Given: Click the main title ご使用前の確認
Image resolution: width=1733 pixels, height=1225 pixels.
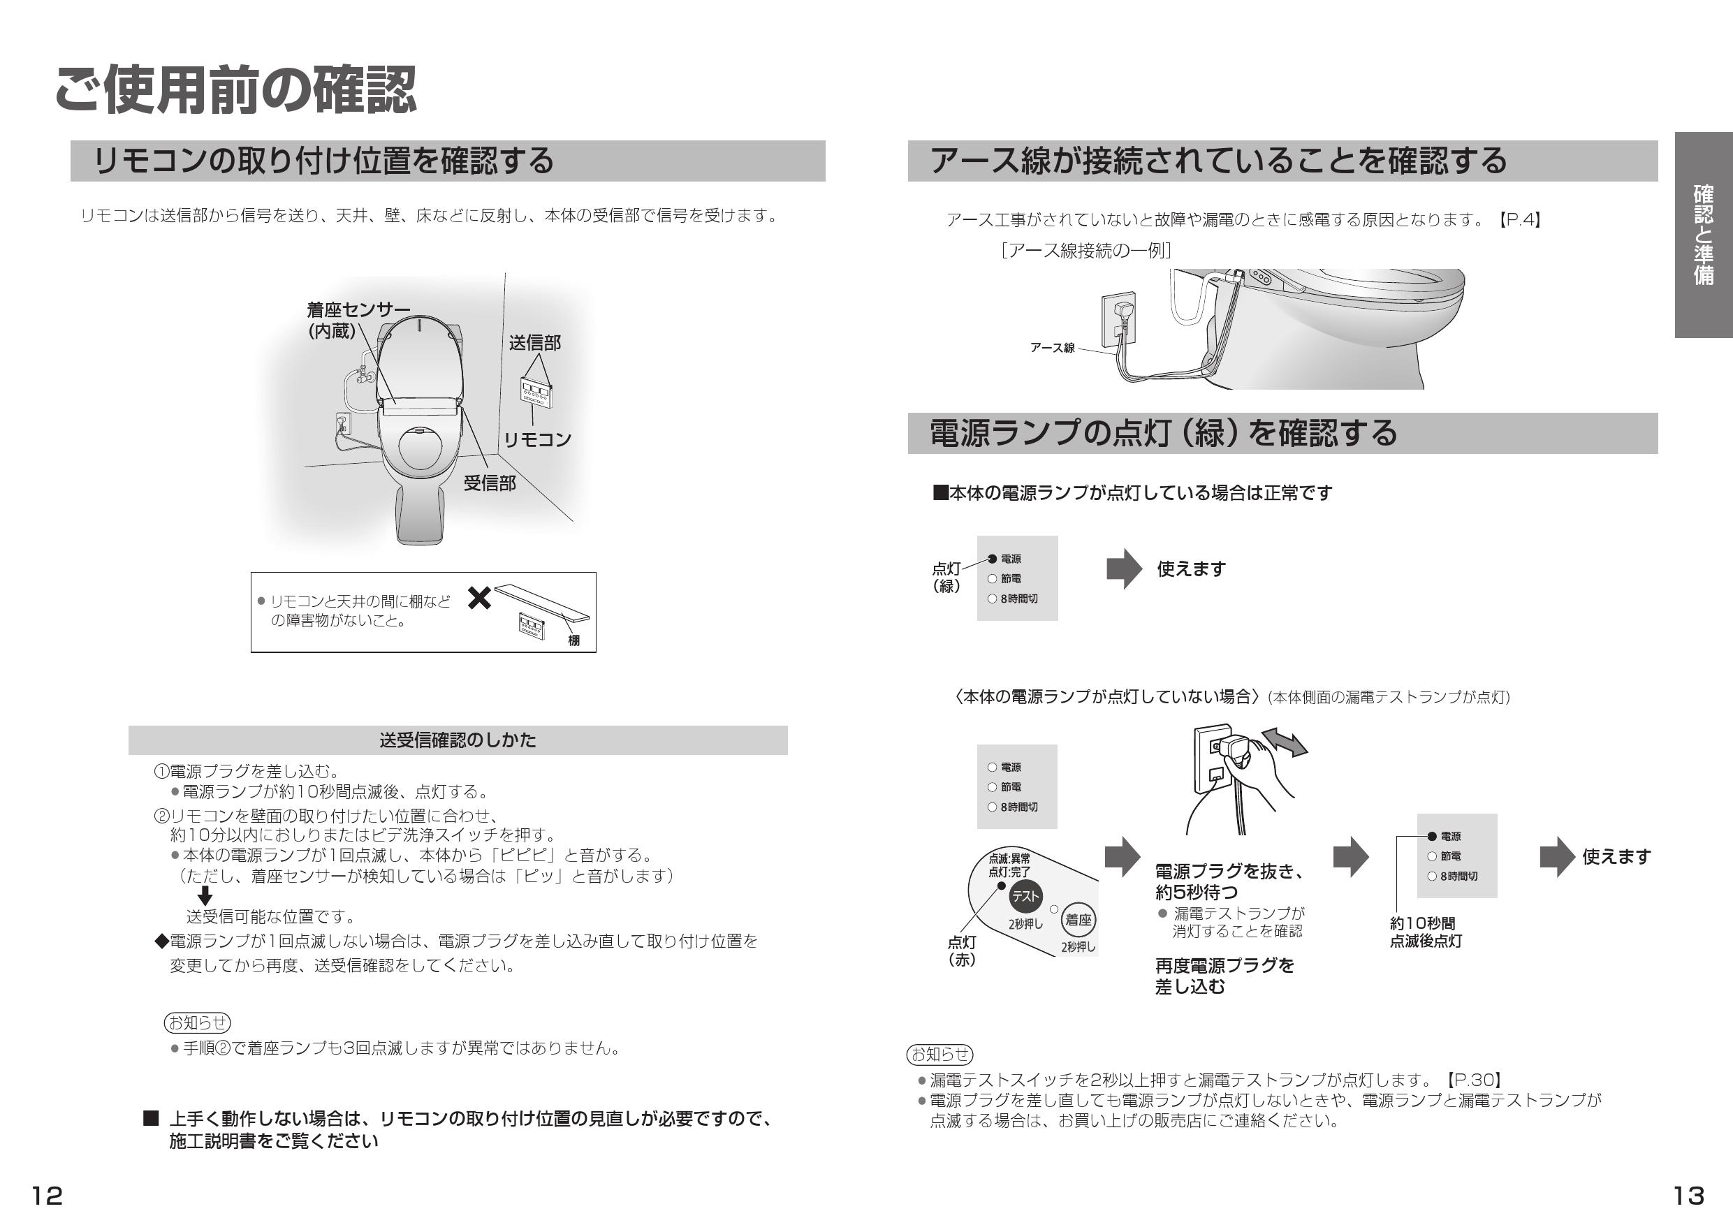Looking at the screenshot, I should click(235, 91).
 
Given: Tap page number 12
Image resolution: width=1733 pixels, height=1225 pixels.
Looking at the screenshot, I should click(47, 1196).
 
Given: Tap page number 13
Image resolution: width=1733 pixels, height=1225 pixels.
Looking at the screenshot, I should click(1688, 1196).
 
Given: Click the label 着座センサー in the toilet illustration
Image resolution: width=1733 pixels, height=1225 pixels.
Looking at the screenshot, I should click(358, 310).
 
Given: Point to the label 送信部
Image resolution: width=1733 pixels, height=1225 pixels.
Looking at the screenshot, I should click(534, 344).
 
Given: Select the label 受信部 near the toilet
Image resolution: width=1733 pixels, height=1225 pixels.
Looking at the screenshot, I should click(489, 484).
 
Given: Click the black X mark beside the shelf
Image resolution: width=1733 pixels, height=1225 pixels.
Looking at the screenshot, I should click(479, 599).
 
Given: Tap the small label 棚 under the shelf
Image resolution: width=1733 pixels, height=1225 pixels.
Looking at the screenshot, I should click(573, 641).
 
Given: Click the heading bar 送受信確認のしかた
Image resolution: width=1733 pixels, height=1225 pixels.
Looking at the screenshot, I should click(458, 740).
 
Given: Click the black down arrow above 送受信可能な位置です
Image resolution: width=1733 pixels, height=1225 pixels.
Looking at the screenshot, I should click(205, 897).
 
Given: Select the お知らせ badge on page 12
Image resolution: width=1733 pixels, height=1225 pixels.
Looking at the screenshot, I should click(197, 1022).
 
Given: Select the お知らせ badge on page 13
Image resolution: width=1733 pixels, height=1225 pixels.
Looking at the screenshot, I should click(939, 1054).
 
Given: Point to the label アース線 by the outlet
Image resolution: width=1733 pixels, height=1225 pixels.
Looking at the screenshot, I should click(1052, 348).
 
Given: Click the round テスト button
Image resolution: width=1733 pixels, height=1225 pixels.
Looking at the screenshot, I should click(1025, 897).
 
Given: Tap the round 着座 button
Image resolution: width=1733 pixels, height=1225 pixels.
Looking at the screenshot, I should click(1078, 920).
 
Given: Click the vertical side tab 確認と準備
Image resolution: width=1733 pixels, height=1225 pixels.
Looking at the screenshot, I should click(1703, 235).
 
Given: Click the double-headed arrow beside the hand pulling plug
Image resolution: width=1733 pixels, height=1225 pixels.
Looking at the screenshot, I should click(1285, 742).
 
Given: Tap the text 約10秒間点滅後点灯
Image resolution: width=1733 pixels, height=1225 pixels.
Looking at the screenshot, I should click(1426, 932).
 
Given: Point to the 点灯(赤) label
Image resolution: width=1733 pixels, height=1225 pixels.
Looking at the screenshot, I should click(962, 951).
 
